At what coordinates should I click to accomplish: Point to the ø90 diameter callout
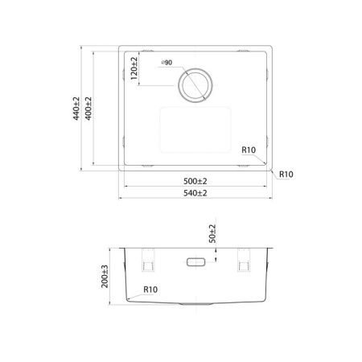tap(167, 62)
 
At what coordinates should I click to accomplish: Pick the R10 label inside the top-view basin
tap(248, 150)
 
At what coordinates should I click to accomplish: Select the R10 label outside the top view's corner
tap(286, 174)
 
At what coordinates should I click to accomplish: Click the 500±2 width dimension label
tap(195, 181)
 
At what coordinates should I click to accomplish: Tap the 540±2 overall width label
tap(195, 193)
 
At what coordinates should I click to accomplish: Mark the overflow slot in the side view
tap(195, 262)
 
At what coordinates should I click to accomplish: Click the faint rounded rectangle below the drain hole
tap(196, 130)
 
